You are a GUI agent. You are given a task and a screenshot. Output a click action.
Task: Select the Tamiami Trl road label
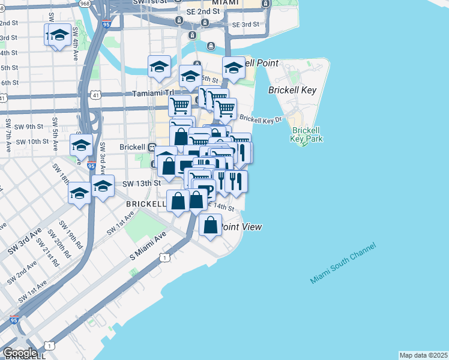click(152, 94)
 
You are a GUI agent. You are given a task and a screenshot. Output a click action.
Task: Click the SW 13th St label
click(142, 183)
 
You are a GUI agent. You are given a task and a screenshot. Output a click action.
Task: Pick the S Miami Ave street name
click(148, 247)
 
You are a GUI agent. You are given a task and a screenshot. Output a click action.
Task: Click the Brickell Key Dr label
click(261, 119)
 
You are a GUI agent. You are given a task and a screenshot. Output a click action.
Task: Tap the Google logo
click(20, 353)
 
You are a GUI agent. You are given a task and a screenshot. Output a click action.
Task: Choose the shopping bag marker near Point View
click(210, 226)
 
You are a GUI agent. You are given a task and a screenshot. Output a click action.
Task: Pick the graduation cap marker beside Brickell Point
click(233, 68)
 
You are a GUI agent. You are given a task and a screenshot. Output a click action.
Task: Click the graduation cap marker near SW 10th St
click(81, 145)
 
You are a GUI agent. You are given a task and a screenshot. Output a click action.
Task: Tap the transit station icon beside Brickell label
click(152, 147)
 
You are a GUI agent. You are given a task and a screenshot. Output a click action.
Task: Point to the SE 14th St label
click(220, 207)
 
